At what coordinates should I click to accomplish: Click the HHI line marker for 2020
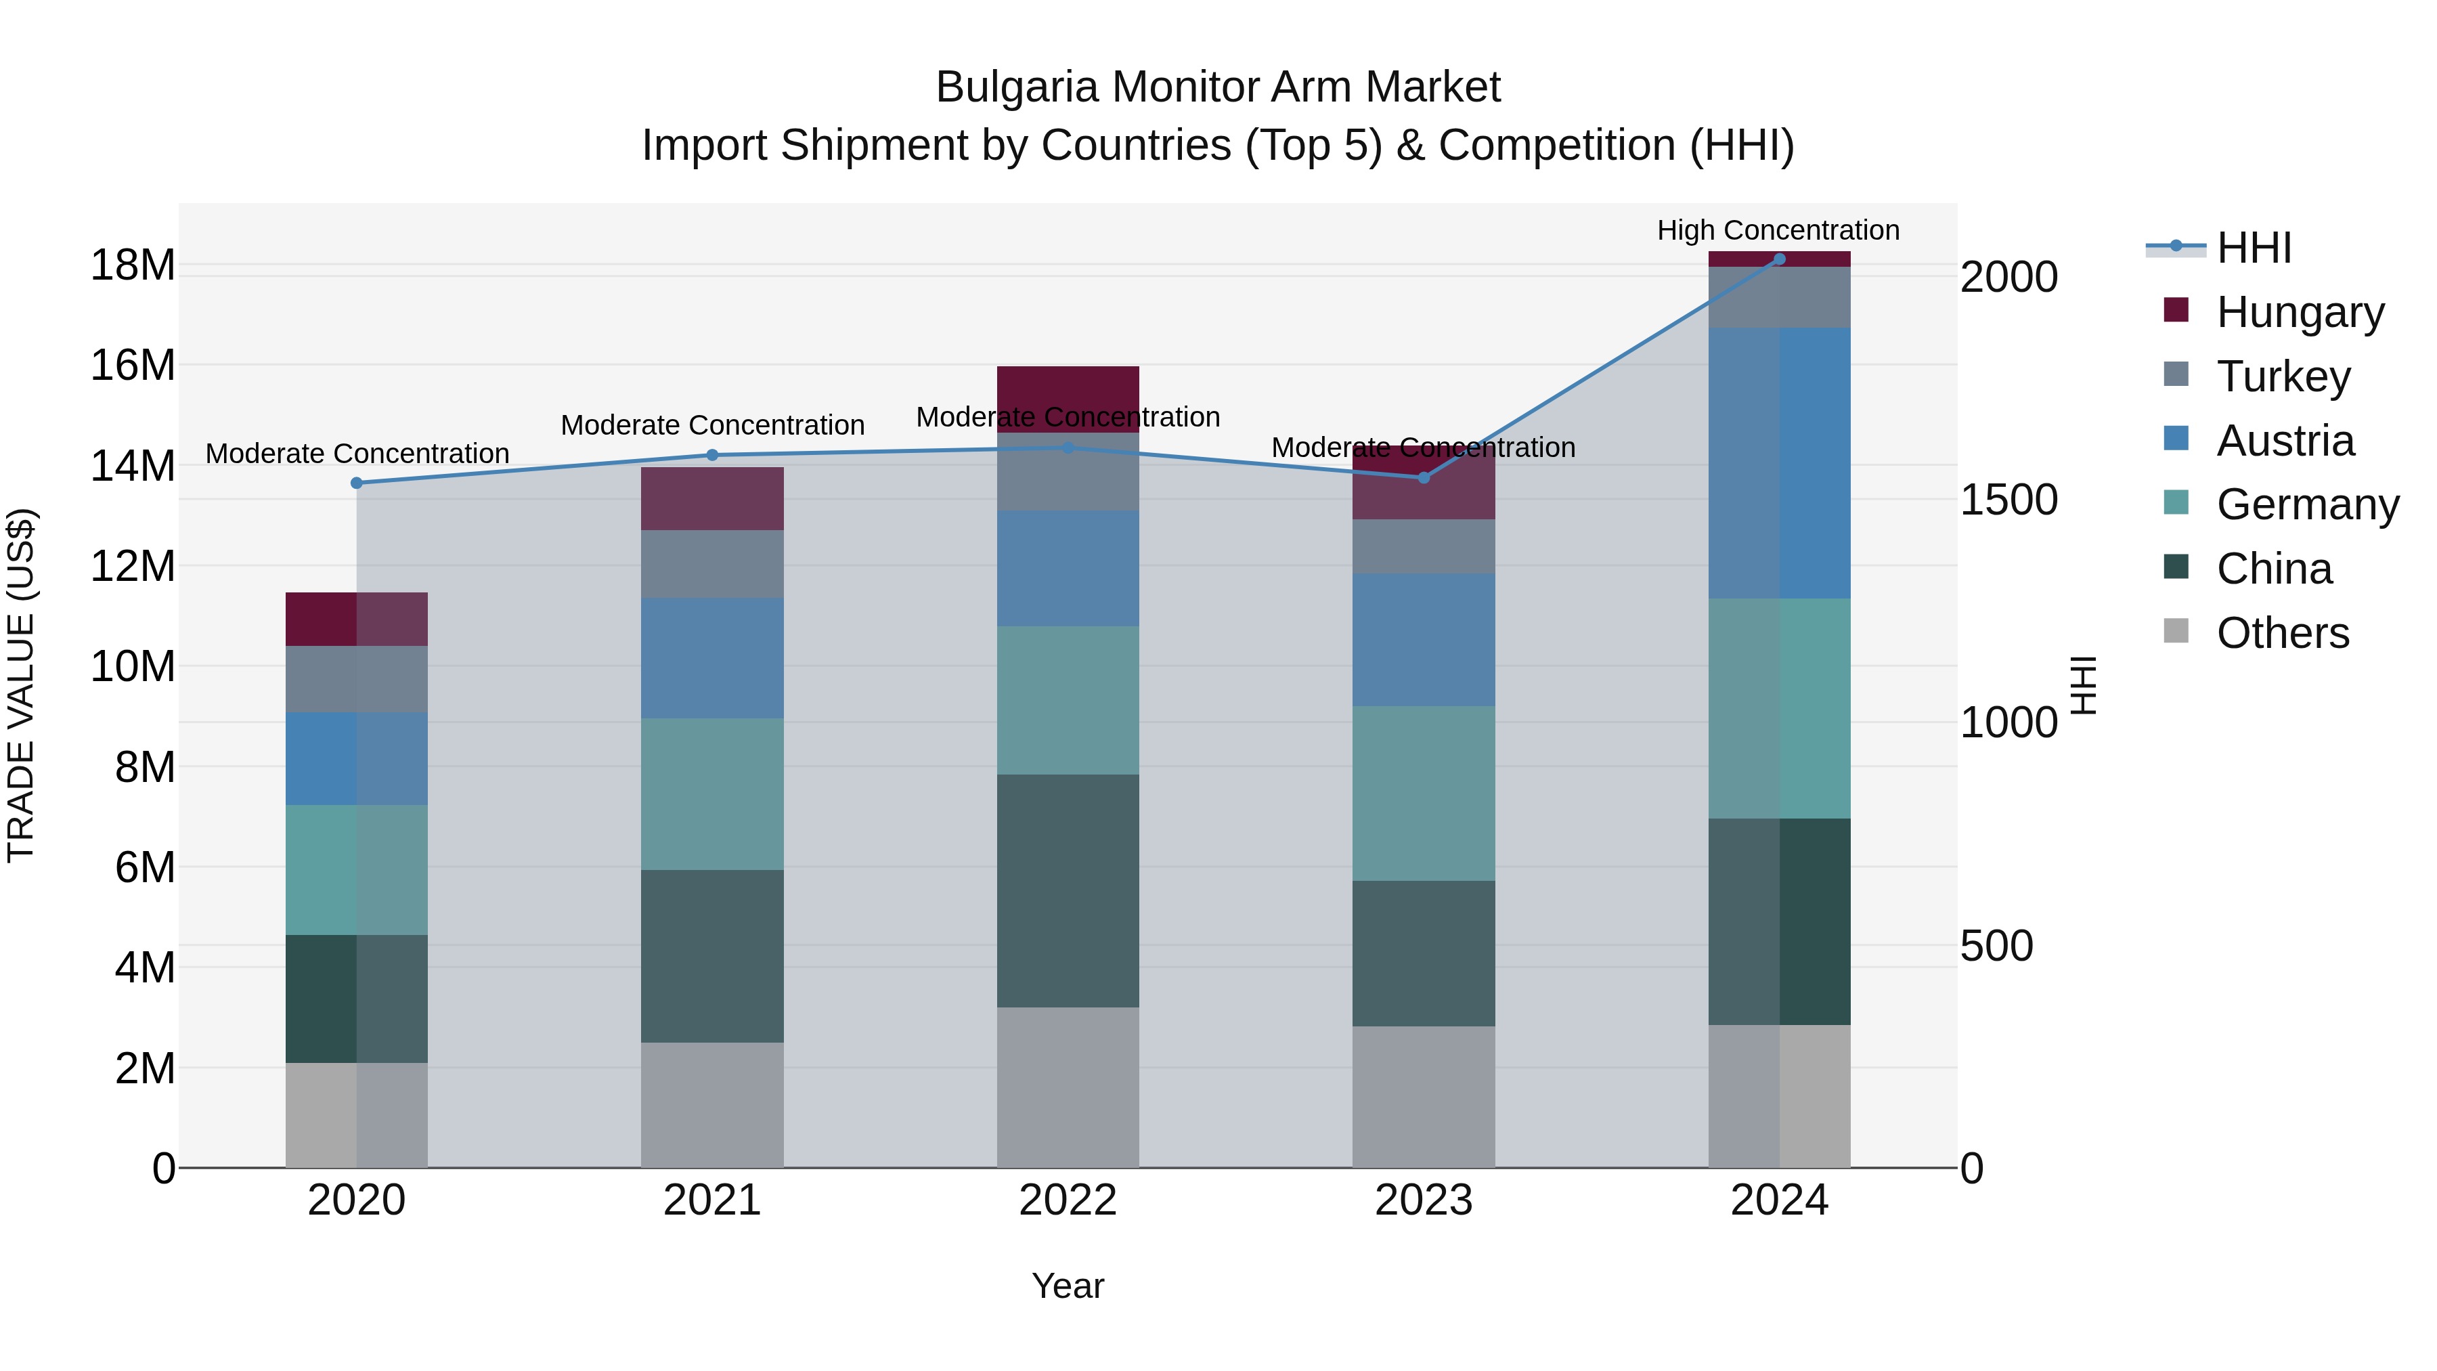(357, 483)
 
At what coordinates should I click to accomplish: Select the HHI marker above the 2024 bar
(1778, 259)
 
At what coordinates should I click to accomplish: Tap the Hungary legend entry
(2299, 311)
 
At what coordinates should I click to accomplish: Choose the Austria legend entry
(2285, 440)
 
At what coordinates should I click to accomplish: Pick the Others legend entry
(2282, 632)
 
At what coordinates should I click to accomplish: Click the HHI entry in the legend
(2254, 247)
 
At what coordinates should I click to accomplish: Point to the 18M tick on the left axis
(133, 265)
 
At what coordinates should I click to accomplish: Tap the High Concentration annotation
(1778, 230)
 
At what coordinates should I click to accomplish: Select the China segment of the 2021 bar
(711, 955)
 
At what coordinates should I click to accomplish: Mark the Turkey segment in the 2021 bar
(711, 563)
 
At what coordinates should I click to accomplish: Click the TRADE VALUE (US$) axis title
(21, 685)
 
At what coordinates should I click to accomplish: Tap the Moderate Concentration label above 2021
(711, 425)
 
